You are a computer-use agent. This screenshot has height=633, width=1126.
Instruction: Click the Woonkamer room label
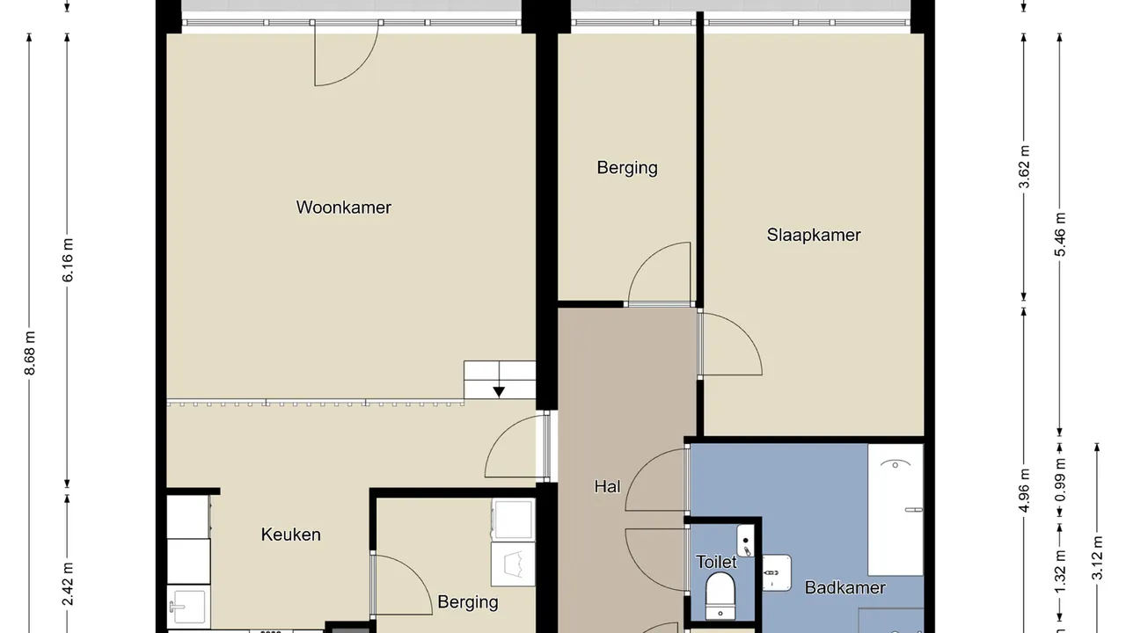(343, 207)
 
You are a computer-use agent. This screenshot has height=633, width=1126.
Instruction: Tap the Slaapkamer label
(814, 235)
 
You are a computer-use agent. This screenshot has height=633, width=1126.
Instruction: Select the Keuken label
(290, 535)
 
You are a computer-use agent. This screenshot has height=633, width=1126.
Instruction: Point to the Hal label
(607, 486)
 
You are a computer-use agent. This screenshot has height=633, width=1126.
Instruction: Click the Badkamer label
(845, 587)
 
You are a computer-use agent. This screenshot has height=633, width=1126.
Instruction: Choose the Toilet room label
(716, 562)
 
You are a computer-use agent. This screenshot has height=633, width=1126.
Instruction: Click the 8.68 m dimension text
(30, 353)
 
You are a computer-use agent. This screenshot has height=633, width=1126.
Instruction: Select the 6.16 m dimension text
(68, 259)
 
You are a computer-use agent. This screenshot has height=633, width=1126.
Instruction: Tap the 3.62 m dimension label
(1024, 167)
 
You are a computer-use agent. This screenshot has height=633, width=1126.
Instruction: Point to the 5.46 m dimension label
(1060, 234)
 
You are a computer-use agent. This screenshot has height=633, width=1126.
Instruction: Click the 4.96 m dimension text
(1024, 491)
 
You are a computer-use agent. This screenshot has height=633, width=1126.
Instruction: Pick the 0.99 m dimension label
(1060, 480)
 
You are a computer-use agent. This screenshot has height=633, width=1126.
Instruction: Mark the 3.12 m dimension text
(1097, 558)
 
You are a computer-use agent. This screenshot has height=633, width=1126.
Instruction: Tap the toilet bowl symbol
(720, 596)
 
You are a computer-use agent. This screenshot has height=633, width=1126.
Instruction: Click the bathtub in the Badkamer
(896, 509)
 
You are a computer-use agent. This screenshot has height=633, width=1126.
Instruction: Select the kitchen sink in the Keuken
(188, 607)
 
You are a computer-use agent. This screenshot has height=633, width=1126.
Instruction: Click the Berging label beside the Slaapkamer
(627, 168)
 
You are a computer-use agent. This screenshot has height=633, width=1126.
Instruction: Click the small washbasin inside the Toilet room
(745, 541)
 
